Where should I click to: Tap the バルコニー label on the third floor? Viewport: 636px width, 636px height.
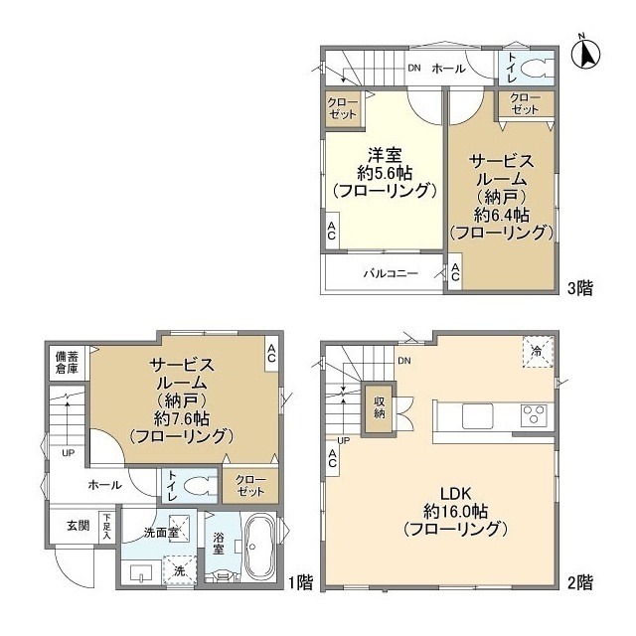390,273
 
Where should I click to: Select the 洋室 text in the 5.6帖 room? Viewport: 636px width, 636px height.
386,154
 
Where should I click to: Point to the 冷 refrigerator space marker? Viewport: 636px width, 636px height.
537,352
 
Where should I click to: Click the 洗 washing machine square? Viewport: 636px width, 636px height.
180,570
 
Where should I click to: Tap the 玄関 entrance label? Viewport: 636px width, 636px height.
79,525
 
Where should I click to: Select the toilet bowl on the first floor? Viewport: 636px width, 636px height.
200,487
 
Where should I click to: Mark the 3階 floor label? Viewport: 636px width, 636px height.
580,288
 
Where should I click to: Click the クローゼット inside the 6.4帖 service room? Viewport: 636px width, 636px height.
526,102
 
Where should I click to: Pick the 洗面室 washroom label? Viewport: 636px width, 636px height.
160,532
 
